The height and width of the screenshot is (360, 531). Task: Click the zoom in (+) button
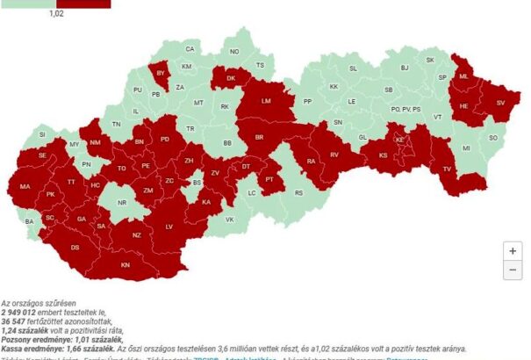point(512,250)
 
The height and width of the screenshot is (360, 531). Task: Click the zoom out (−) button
point(512,270)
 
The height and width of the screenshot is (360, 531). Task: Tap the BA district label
point(30,221)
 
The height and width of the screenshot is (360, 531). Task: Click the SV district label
point(501,104)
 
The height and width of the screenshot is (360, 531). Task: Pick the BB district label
point(227,143)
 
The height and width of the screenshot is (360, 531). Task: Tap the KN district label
point(126,264)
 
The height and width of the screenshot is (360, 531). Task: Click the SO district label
point(492,138)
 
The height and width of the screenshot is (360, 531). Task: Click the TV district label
point(446,169)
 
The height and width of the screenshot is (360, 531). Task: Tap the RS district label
point(298,192)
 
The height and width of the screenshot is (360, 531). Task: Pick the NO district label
point(234,52)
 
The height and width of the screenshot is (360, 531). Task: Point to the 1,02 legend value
point(55,14)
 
